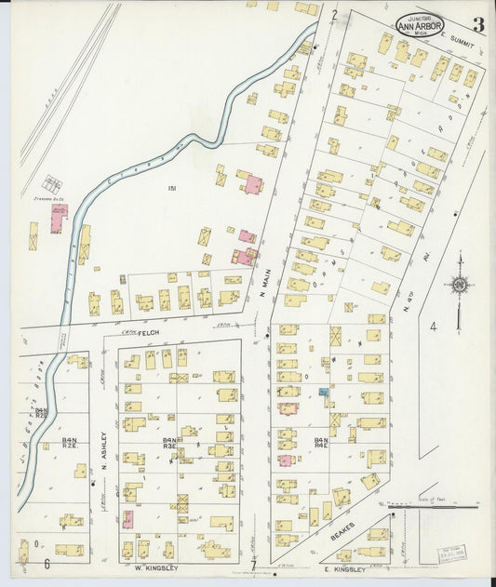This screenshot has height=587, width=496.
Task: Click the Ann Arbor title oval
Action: click(x=420, y=25)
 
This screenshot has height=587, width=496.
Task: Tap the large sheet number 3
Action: click(x=477, y=25)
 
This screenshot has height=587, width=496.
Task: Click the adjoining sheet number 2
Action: click(x=333, y=14)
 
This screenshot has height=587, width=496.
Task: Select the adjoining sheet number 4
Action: click(x=433, y=326)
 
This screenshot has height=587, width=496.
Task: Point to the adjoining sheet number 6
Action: click(x=46, y=563)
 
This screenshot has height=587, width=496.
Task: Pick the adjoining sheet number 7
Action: click(x=252, y=565)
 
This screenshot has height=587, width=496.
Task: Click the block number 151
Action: click(x=171, y=190)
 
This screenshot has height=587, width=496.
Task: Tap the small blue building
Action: click(x=324, y=394)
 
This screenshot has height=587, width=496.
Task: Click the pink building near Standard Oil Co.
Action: click(x=59, y=213)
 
